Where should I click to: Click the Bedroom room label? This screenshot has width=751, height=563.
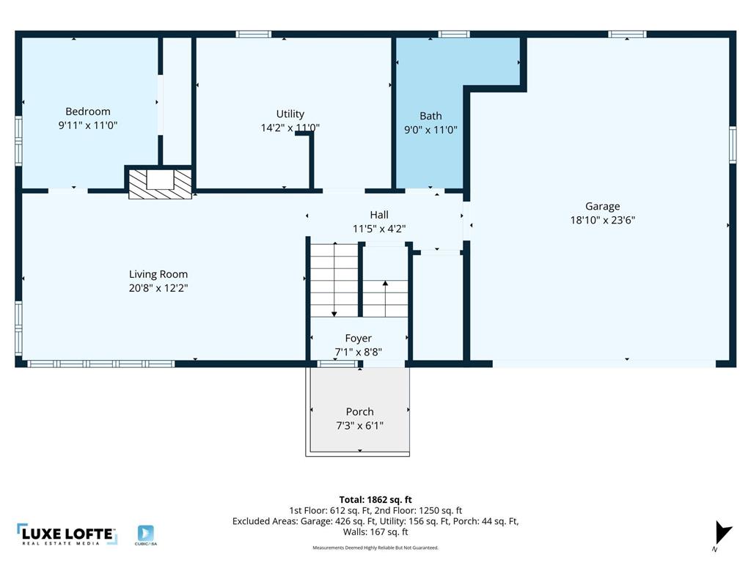[88, 111]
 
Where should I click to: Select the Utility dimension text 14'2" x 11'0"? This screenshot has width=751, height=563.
[290, 128]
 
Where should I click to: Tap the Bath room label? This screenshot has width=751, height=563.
[431, 116]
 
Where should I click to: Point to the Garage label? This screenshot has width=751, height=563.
[602, 207]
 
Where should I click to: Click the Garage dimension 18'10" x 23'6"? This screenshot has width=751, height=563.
[602, 219]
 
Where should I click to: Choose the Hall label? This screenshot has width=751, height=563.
[379, 215]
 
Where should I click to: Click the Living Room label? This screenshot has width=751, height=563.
[158, 275]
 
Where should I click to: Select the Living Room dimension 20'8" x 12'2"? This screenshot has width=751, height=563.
[158, 288]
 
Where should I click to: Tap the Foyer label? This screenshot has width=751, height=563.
[359, 339]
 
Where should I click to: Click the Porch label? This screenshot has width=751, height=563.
[359, 412]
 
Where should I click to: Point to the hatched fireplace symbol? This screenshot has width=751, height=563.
[160, 183]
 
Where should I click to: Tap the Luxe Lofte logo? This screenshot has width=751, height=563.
[67, 535]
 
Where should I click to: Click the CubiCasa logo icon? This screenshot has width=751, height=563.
[146, 534]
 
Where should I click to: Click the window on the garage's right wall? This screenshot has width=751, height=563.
[732, 144]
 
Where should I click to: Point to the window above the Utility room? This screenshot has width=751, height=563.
[253, 34]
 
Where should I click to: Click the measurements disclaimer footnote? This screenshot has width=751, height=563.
[375, 548]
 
